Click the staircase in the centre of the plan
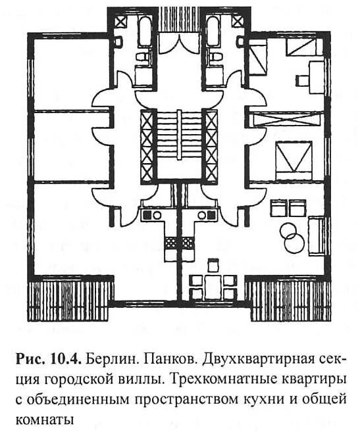pyautogui.click(x=179, y=144)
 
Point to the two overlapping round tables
pyautogui.click(x=292, y=238)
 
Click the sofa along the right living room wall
pyautogui.click(x=317, y=235)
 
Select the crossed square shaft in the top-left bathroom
pyautogui.click(x=120, y=22)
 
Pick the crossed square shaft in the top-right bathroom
pyautogui.click(x=237, y=22)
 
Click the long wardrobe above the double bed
pyautogui.click(x=288, y=119)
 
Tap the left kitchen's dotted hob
pyautogui.click(x=170, y=243)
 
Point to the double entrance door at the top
pyautogui.click(x=178, y=43)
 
